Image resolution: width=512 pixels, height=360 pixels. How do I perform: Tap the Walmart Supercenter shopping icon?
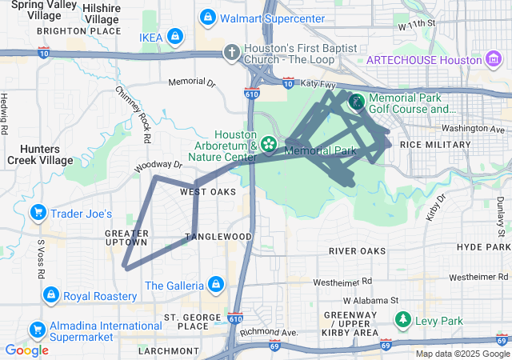[208, 17]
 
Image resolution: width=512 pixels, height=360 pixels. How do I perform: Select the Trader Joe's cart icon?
[38, 213]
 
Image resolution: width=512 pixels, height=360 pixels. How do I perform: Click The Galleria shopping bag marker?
[215, 284]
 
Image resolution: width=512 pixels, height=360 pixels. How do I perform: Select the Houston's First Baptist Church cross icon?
[232, 52]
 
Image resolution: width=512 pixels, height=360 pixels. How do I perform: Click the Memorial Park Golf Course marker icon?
[355, 102]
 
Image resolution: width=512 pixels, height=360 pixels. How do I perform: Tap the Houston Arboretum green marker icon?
[270, 144]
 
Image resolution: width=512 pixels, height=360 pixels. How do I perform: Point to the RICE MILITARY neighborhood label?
[435, 145]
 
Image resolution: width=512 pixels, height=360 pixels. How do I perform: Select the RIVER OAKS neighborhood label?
[357, 251]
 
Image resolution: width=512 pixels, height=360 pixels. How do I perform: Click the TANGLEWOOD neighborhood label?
[218, 237]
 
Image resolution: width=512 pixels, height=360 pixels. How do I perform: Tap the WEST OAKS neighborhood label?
[208, 192]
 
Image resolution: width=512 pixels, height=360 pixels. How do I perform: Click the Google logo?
[27, 350]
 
